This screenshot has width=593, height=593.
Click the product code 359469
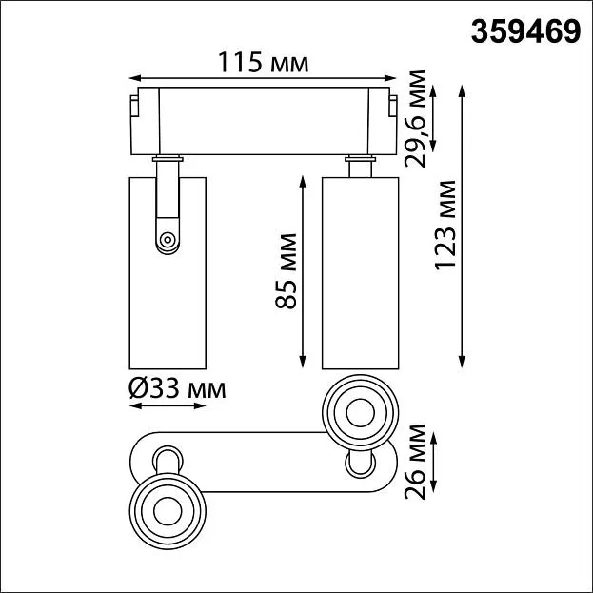(525, 31)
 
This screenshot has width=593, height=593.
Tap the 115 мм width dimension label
(264, 62)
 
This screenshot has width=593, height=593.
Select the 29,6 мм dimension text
(415, 119)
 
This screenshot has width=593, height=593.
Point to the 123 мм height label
(445, 226)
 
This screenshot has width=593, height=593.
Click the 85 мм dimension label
(286, 271)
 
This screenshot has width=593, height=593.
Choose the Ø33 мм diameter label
(177, 388)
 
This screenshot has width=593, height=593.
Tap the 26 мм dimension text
(415, 462)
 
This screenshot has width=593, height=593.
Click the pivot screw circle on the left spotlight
(167, 240)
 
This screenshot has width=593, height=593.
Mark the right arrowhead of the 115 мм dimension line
(390, 78)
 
